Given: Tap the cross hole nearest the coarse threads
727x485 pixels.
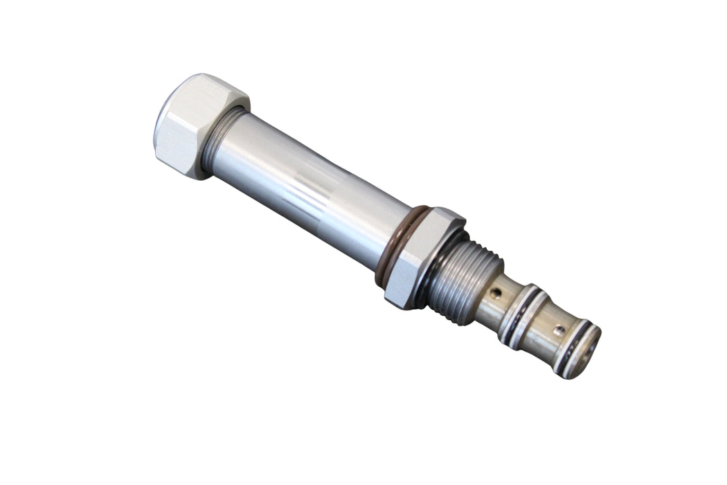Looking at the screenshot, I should coord(495,294).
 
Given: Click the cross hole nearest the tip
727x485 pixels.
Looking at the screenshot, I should coord(558,331).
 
